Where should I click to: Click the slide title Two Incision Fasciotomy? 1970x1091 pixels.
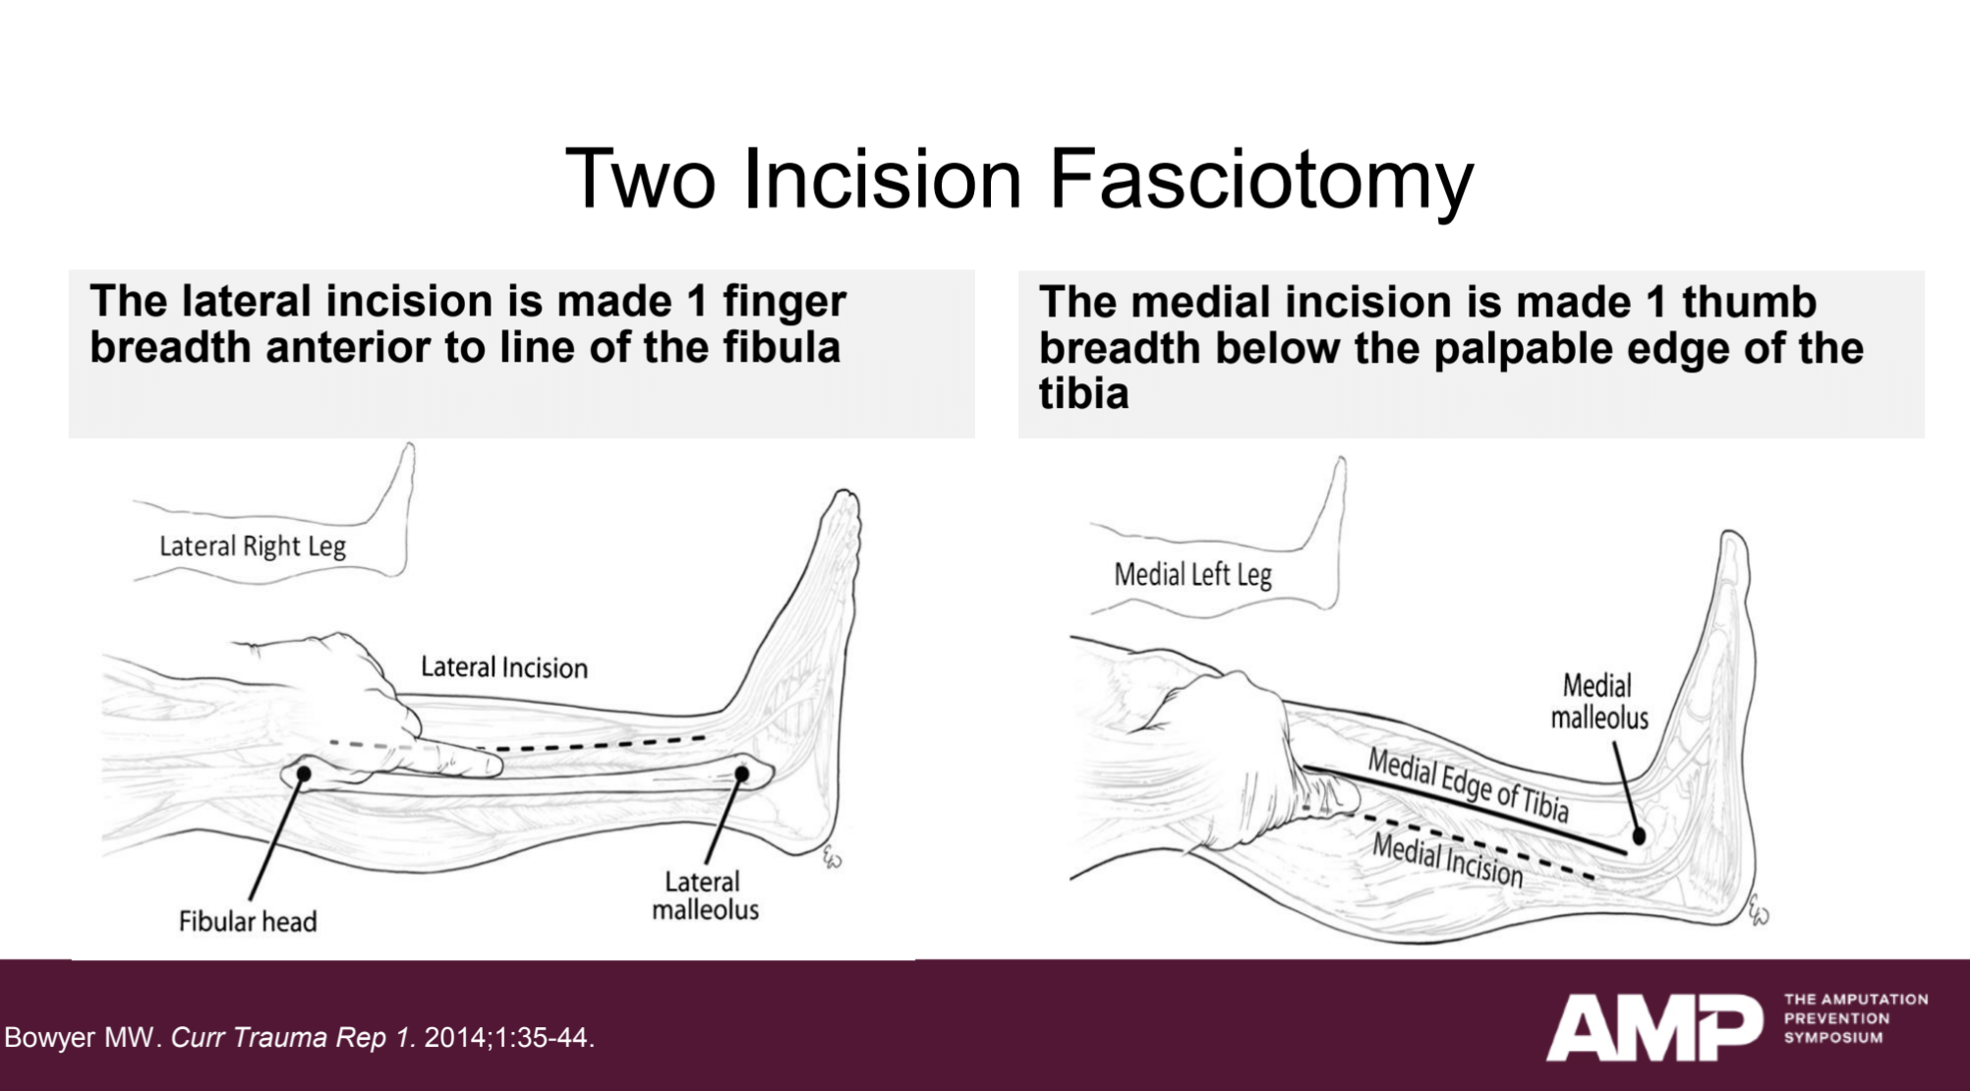1018,179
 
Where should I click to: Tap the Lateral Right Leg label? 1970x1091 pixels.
253,546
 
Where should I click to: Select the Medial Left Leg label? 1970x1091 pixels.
1192,575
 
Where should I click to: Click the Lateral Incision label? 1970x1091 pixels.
503,667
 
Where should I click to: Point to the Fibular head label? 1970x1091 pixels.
248,922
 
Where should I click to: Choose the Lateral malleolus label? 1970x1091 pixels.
705,895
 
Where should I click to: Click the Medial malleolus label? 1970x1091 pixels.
1598,701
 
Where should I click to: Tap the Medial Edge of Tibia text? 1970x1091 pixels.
1468,784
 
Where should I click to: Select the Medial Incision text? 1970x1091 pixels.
1447,859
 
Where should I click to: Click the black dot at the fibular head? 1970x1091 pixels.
304,775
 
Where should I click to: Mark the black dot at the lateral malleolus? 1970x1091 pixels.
742,775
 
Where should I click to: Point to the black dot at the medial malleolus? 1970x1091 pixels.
1639,836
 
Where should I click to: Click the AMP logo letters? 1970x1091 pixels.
1653,1027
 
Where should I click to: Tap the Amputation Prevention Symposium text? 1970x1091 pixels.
1855,1018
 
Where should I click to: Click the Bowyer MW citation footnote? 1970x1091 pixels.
300,1038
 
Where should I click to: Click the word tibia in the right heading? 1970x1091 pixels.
1083,394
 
